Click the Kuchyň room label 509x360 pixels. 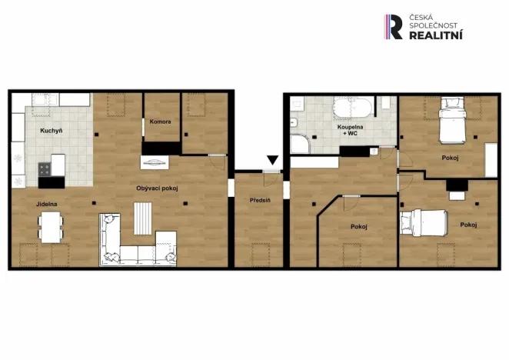51,132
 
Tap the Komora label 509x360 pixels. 160,122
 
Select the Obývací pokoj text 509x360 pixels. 157,188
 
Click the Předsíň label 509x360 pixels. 259,201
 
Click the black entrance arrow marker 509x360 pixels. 272,161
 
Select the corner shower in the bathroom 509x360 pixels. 299,145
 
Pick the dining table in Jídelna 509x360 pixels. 52,226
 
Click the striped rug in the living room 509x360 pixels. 144,218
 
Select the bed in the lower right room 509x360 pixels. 424,223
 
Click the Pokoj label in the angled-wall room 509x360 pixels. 358,227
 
